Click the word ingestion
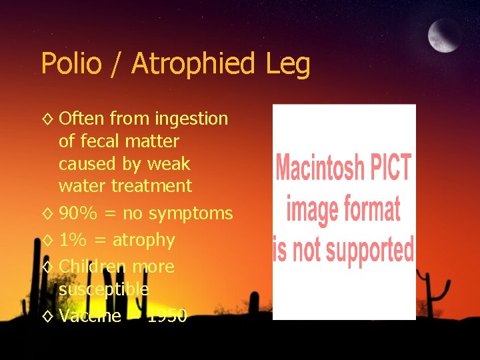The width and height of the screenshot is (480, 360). [191, 119]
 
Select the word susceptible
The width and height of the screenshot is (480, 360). [103, 290]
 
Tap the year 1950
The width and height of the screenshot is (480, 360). [167, 315]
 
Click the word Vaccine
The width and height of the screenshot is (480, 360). [90, 315]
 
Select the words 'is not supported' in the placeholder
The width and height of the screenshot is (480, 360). [343, 249]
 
